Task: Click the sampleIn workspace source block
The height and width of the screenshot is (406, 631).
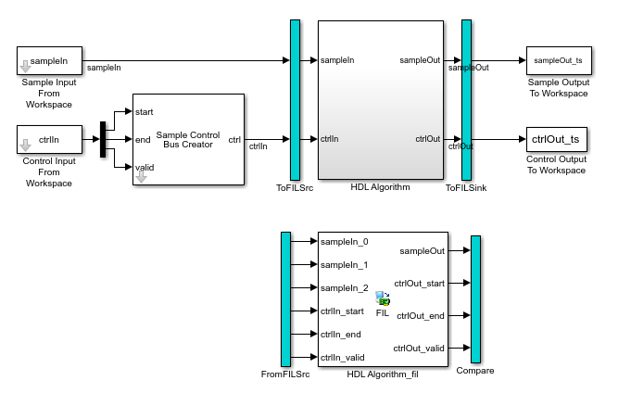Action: (49, 61)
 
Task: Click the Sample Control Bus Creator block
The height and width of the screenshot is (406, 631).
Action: (188, 139)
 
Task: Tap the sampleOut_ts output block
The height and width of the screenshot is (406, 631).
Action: (559, 60)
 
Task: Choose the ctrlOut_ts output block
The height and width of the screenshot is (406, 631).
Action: (557, 140)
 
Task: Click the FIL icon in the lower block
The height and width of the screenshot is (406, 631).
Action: (383, 299)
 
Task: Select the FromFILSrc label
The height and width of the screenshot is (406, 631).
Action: (285, 374)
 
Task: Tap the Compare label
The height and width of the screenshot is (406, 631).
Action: (474, 371)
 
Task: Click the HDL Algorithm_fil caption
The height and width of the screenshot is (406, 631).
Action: (382, 374)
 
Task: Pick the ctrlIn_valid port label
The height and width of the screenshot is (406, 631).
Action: (342, 357)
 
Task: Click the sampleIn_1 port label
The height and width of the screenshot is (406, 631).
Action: (344, 265)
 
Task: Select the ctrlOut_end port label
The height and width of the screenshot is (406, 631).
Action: (421, 316)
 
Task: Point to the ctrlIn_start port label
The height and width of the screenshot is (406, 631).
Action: (342, 311)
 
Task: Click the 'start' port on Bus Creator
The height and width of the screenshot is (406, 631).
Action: (144, 111)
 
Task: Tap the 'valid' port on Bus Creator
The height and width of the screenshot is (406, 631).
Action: (145, 167)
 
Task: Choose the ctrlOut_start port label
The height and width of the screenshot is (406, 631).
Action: (419, 284)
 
